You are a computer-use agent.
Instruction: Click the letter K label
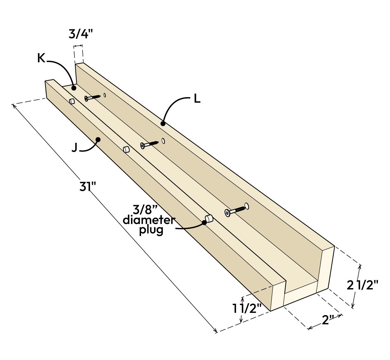pyautogui.click(x=41, y=58)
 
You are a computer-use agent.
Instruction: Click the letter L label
pyautogui.click(x=197, y=99)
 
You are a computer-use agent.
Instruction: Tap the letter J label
pyautogui.click(x=75, y=148)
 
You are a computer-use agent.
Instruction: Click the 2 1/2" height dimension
pyautogui.click(x=363, y=285)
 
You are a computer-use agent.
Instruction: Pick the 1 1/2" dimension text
pyautogui.click(x=247, y=308)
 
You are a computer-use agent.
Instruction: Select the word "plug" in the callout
pyautogui.click(x=151, y=230)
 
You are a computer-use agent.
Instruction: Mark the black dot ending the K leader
pyautogui.click(x=74, y=88)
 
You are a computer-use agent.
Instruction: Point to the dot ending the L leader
pyautogui.click(x=163, y=124)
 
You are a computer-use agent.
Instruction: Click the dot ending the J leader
pyautogui.click(x=97, y=140)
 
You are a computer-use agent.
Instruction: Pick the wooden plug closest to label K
pyautogui.click(x=72, y=101)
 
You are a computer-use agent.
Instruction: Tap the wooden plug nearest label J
pyautogui.click(x=126, y=149)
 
